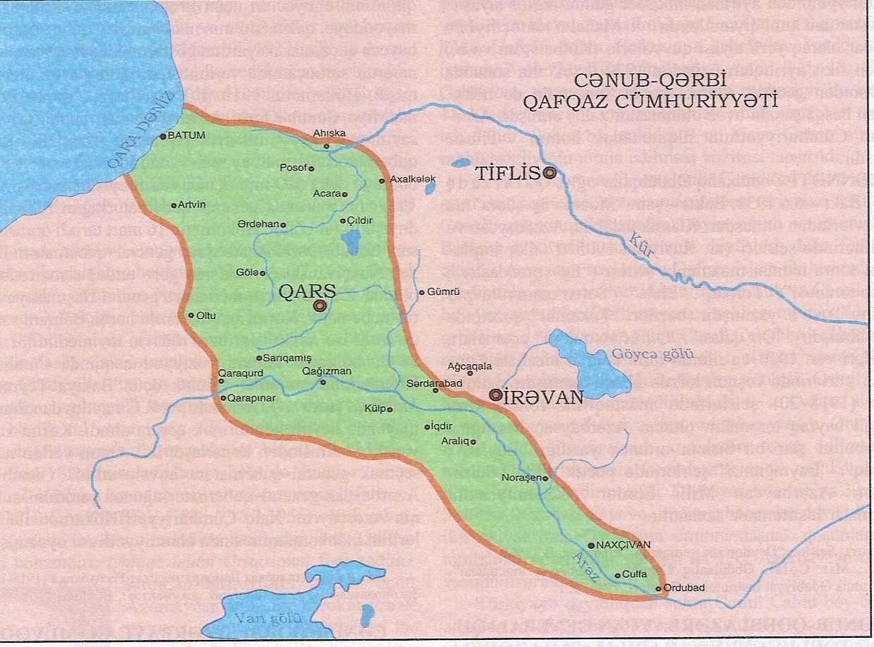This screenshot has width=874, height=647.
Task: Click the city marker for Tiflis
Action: coord(550,172)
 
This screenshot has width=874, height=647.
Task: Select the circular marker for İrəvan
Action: coord(497,395)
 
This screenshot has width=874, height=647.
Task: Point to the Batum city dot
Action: coord(163,136)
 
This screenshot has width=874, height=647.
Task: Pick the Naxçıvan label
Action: coord(624,545)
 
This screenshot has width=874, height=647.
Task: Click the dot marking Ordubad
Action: coord(657,588)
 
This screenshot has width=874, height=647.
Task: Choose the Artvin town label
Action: coord(192,205)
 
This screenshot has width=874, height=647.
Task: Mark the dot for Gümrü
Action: coord(423,292)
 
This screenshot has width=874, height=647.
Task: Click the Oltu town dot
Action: coord(191,315)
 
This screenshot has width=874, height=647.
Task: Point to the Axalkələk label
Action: coord(413,180)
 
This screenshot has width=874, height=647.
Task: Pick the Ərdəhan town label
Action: coord(258,225)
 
